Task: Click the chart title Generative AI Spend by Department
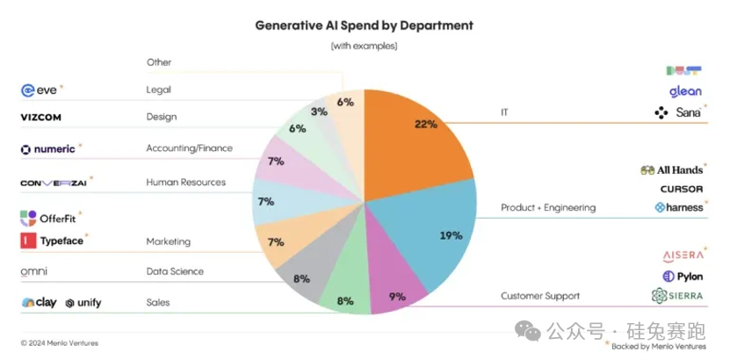click(364, 25)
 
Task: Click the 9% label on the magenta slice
click(396, 297)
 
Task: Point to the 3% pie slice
click(320, 112)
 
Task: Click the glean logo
click(684, 91)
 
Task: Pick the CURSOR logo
click(682, 189)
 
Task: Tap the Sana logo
click(679, 113)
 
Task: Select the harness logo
click(678, 208)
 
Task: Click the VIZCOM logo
click(40, 117)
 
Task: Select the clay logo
click(40, 303)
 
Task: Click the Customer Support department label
click(540, 296)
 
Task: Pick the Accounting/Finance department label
click(189, 148)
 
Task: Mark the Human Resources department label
click(185, 183)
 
